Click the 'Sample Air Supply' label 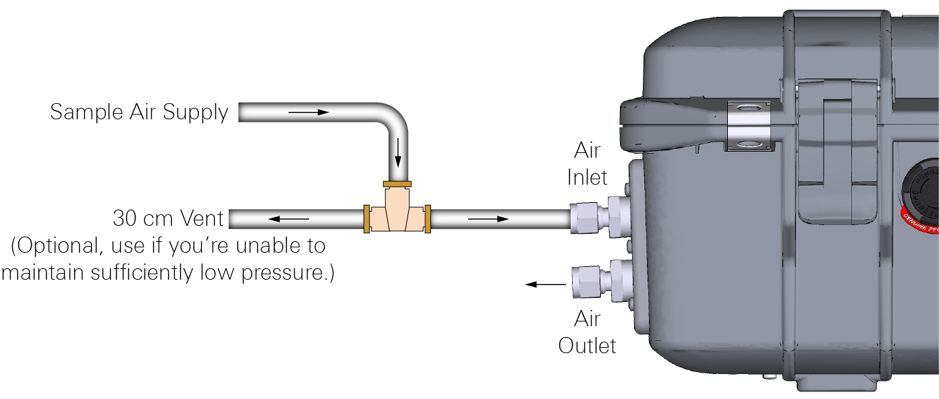[x=139, y=112]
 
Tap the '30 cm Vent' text [x=168, y=219]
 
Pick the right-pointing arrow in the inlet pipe [x=489, y=219]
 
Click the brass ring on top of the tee [x=397, y=184]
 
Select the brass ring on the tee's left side [x=366, y=219]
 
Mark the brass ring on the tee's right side [x=428, y=219]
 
